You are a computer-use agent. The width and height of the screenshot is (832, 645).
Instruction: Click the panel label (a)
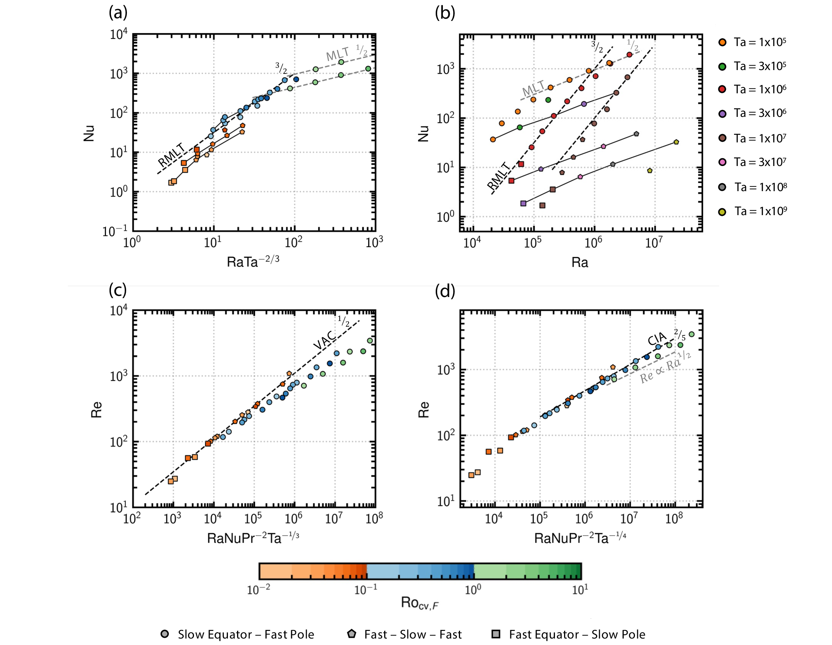pyautogui.click(x=118, y=13)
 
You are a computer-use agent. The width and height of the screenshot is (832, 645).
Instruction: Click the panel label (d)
pyautogui.click(x=445, y=291)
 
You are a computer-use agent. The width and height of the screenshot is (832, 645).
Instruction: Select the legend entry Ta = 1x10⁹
pyautogui.click(x=760, y=211)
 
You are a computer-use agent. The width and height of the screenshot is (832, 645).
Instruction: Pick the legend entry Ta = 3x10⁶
pyautogui.click(x=760, y=113)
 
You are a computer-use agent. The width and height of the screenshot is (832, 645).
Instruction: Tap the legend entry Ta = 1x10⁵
pyautogui.click(x=760, y=42)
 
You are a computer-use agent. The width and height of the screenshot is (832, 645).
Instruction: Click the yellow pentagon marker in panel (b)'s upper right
pyautogui.click(x=676, y=142)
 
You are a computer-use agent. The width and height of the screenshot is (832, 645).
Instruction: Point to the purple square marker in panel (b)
pyautogui.click(x=523, y=204)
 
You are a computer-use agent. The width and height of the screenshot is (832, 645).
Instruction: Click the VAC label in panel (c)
pyautogui.click(x=324, y=340)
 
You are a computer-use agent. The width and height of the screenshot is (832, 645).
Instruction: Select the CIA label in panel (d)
pyautogui.click(x=657, y=338)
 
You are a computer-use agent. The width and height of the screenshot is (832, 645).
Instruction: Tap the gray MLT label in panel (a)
pyautogui.click(x=337, y=54)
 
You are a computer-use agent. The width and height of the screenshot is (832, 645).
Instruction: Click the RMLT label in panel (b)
pyautogui.click(x=499, y=176)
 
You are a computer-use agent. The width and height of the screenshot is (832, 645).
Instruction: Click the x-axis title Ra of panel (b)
pyautogui.click(x=580, y=262)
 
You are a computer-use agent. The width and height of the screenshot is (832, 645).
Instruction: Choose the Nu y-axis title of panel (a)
pyautogui.click(x=89, y=133)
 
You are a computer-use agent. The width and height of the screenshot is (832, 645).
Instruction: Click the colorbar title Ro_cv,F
pyautogui.click(x=419, y=603)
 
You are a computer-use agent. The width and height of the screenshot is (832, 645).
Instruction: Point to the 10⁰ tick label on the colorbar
pyautogui.click(x=473, y=590)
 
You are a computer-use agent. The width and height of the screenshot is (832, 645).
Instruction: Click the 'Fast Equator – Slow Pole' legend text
pyautogui.click(x=577, y=634)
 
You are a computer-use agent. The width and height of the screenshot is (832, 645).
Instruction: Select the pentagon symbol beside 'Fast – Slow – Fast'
pyautogui.click(x=351, y=634)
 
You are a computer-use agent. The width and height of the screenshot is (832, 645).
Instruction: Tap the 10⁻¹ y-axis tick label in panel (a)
pyautogui.click(x=115, y=231)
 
